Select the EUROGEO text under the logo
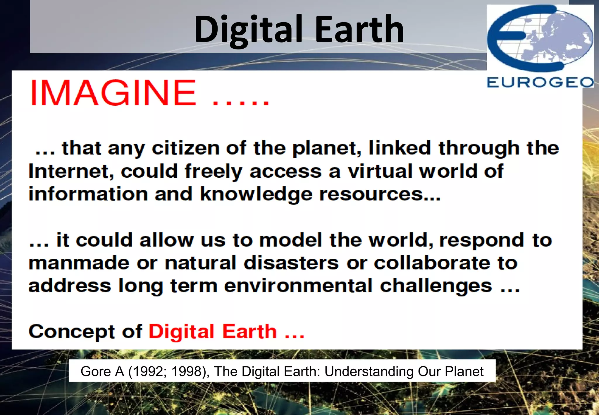[540, 82]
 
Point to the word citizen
[185, 148]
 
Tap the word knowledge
[256, 194]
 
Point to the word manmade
[79, 263]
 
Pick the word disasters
[291, 263]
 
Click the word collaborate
[431, 263]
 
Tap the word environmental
[298, 286]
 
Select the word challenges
[436, 286]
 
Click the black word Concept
[72, 332]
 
